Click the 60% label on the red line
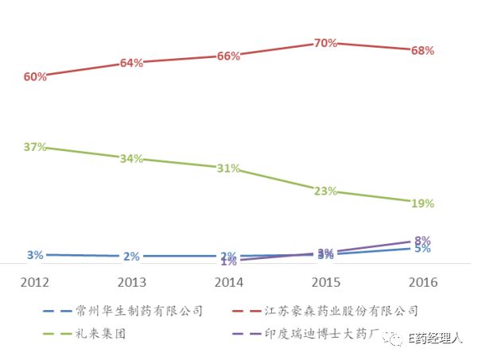pos(35,77)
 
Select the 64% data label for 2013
pos(131,64)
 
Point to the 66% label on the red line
pos(228,56)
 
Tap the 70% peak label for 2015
pos(325,44)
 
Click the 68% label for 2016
pos(422,51)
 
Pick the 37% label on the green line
pos(35,147)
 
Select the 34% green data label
pos(131,159)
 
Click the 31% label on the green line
pos(228,168)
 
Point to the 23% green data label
pos(325,192)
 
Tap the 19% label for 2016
pos(422,203)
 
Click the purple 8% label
pos(422,240)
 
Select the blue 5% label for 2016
pos(422,249)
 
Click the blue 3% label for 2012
pos(35,255)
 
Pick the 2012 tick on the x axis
pos(35,282)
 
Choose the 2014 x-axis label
pos(228,282)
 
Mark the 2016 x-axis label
pos(422,282)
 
